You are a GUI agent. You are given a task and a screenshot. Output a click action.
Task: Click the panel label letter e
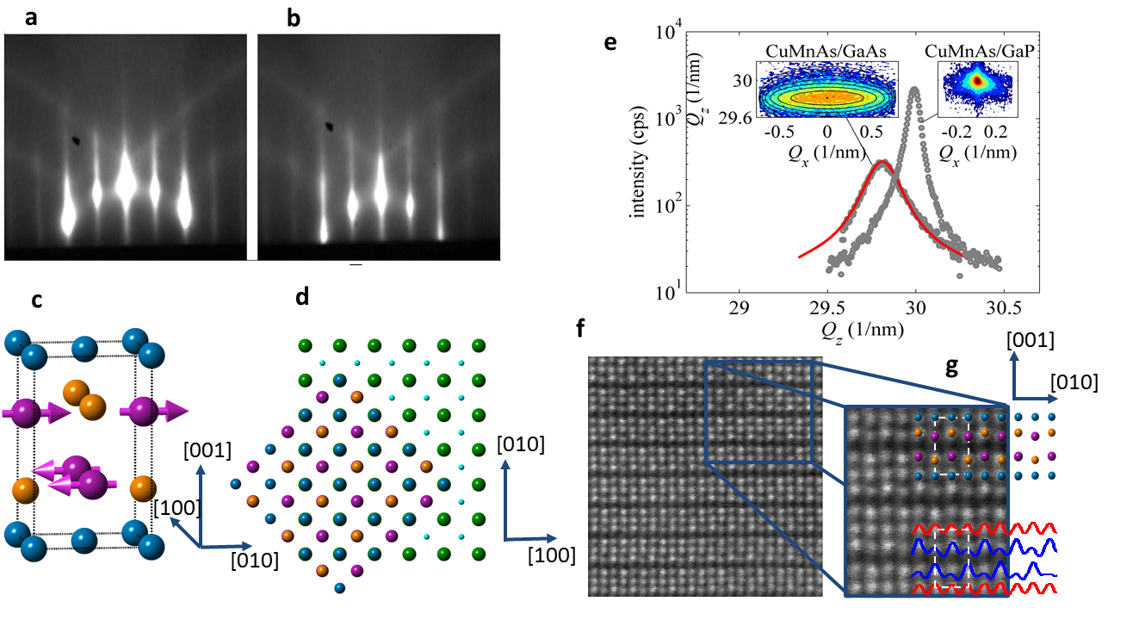[x=610, y=41]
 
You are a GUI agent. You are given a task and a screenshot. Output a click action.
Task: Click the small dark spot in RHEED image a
[x=79, y=138]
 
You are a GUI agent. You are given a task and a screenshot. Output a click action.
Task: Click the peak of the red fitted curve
[x=881, y=162]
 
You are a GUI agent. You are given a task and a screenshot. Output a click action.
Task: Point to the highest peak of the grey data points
[x=914, y=90]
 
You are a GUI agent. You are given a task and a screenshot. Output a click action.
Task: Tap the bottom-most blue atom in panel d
[x=338, y=587]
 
